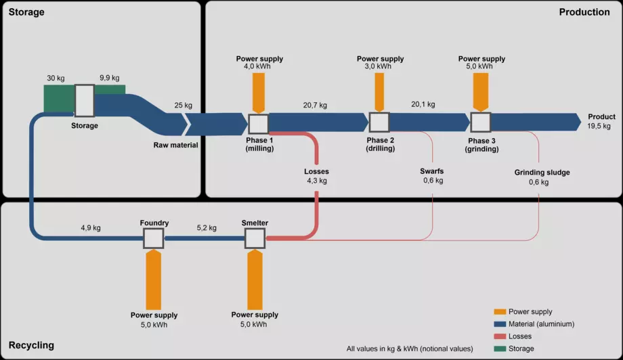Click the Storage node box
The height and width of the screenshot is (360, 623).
point(85,101)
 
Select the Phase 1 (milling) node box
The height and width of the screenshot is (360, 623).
point(259,124)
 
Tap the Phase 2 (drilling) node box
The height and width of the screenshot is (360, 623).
point(379,122)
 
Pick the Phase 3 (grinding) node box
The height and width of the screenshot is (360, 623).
point(481,122)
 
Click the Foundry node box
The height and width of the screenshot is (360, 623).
point(154,238)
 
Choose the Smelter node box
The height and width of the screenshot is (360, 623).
point(255,238)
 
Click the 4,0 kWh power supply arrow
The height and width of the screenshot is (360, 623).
point(259,92)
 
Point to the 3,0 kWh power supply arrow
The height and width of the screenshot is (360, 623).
point(379,91)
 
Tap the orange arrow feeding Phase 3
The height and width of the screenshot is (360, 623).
point(481,91)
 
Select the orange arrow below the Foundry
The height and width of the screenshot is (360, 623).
point(154,279)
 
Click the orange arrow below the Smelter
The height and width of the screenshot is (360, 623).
point(255,279)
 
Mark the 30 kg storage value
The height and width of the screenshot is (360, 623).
point(56,78)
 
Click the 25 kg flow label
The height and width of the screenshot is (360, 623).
point(183,106)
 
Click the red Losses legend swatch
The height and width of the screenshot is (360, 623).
point(500,336)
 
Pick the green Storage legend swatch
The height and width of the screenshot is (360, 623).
point(500,348)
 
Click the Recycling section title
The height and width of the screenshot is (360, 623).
point(31,345)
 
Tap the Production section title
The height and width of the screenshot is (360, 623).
point(584,12)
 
